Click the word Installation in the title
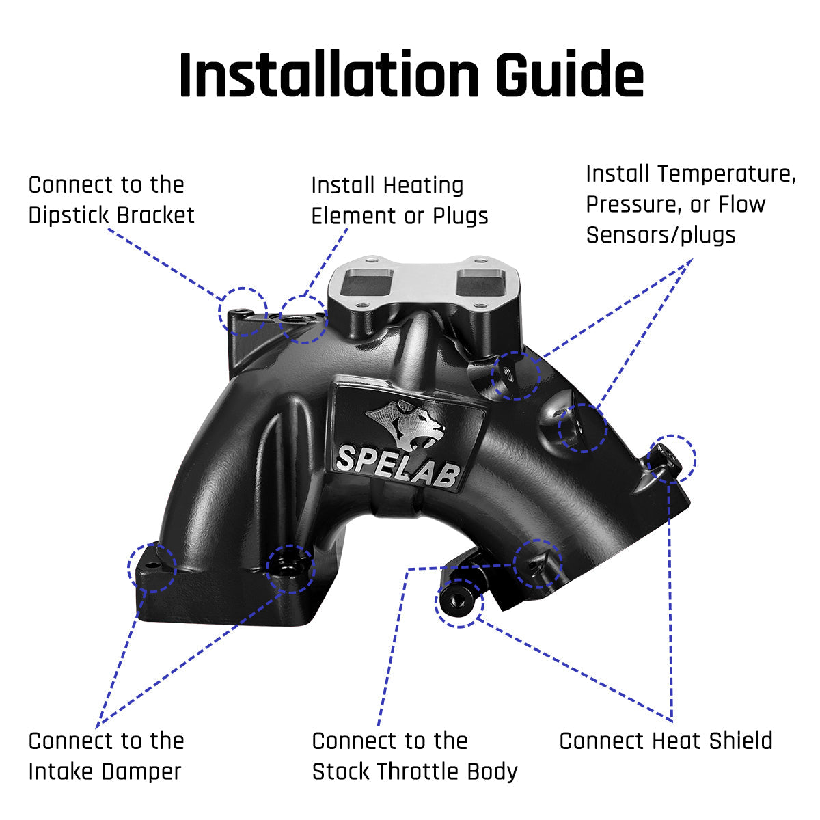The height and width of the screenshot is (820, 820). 329,74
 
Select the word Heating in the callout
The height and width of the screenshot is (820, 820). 423,186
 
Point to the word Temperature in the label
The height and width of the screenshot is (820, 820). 726,174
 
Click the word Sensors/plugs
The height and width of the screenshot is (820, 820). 660,235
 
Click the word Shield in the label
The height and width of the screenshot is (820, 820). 740,741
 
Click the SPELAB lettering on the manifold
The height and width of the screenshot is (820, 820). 398,465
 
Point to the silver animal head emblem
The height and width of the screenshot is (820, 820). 407,424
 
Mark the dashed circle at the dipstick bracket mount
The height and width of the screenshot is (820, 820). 243,312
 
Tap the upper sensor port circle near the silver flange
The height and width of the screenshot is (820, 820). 516,376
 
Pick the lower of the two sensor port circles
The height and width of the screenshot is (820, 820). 583,428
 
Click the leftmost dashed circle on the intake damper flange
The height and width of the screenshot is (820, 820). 152,568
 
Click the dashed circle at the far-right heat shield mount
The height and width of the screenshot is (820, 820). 672,460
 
